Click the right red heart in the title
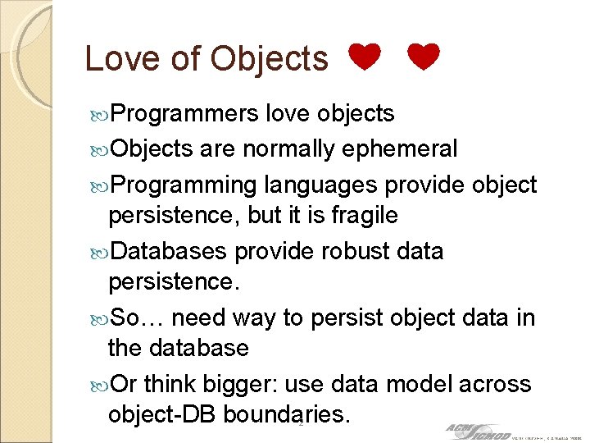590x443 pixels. [x=423, y=58]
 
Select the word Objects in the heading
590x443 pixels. [x=269, y=58]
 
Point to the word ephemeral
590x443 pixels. [x=400, y=149]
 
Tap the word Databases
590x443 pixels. [x=170, y=250]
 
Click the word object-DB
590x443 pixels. [x=157, y=415]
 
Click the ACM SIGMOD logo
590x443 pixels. [x=474, y=431]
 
